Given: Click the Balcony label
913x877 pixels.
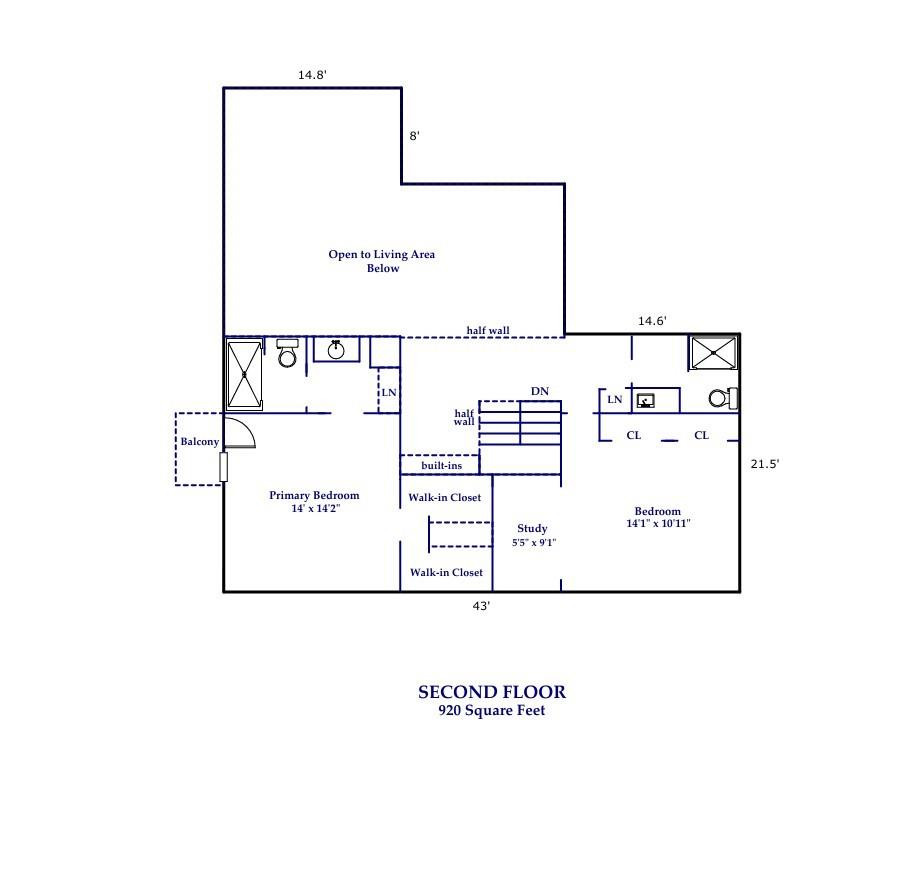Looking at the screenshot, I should [199, 442].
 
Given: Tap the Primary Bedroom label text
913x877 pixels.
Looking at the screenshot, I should [314, 496].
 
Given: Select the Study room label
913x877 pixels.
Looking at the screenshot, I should [532, 529].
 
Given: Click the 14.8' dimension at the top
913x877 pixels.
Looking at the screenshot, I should [312, 75].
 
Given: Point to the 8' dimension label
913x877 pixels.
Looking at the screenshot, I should [414, 136].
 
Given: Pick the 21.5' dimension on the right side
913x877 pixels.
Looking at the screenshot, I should [764, 464].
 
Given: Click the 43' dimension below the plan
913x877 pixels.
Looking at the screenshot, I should [481, 606].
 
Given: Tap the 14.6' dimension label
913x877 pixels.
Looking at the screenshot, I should [652, 321].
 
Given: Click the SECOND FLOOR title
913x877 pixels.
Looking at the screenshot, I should [492, 692].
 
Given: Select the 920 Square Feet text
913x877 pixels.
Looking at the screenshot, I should [492, 711].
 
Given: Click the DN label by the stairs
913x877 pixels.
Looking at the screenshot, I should [540, 392].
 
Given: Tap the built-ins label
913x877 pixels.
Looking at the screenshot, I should [441, 466].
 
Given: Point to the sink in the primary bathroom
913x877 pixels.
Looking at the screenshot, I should [337, 349].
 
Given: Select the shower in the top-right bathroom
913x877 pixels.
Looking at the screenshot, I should [713, 353].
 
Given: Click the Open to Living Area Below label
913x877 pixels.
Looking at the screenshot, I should [382, 261].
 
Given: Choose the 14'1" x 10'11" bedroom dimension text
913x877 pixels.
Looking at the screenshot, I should [658, 524].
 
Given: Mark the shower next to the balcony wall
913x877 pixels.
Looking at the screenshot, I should [244, 375].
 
